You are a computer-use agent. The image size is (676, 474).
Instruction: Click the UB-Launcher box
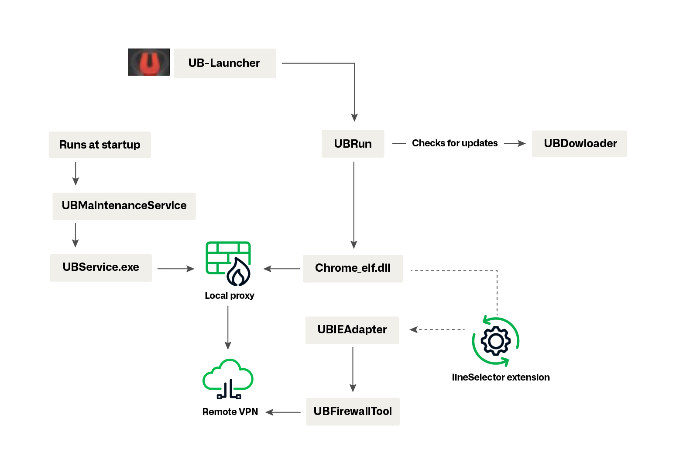(225, 63)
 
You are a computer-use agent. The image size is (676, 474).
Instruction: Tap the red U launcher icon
(149, 62)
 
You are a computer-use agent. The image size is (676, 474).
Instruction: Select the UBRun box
(353, 144)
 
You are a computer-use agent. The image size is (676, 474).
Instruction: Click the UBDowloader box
(579, 144)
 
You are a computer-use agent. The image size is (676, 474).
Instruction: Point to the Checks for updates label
(454, 143)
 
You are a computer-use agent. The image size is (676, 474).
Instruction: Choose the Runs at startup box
(100, 145)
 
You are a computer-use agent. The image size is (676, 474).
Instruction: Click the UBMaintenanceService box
(124, 206)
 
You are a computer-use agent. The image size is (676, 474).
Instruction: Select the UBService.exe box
(101, 267)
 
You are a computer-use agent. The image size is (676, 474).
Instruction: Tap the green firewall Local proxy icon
(228, 263)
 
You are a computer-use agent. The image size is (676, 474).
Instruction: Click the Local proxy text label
(229, 296)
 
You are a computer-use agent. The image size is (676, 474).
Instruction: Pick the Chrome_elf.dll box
(353, 268)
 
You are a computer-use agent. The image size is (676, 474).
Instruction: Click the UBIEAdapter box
(352, 330)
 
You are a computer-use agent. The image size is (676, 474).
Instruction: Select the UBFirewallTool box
(353, 412)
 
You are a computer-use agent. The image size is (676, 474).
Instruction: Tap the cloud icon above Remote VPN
(228, 378)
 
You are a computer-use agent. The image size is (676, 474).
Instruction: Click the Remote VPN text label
(230, 412)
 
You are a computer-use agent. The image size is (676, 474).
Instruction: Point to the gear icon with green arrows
(495, 341)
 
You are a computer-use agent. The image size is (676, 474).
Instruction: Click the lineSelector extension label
(501, 377)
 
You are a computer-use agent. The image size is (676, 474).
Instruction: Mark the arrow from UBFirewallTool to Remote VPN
(283, 412)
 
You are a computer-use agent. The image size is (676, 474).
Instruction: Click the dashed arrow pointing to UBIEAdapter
(436, 329)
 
